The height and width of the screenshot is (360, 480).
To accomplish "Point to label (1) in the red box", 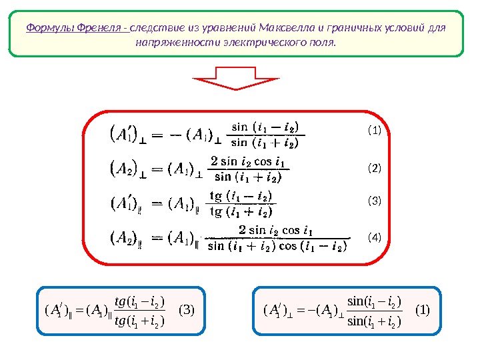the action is point(374,131).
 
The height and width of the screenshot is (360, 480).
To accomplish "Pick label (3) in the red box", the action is point(374,200).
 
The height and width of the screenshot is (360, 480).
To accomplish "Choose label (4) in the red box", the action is point(374,237).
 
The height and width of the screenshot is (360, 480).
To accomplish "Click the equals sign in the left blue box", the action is point(79,311).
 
